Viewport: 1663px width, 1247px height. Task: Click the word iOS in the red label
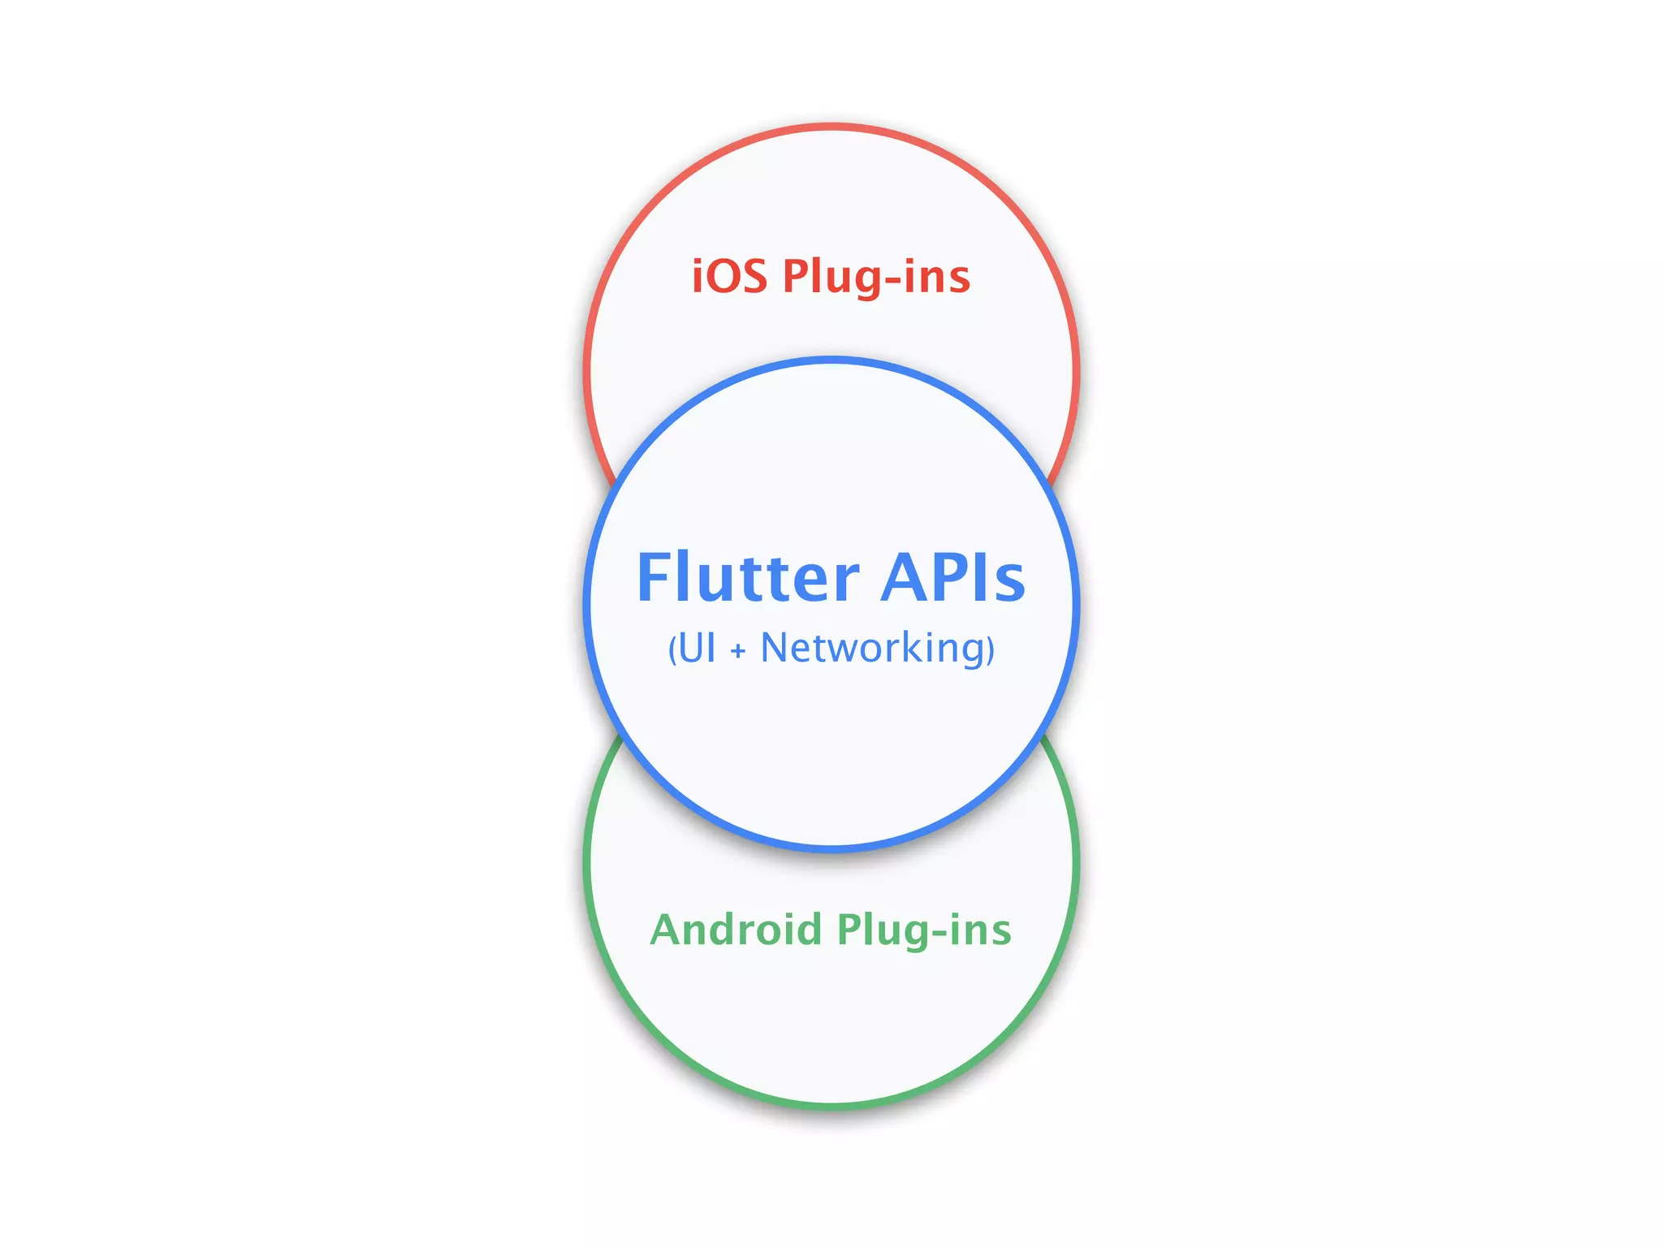point(729,276)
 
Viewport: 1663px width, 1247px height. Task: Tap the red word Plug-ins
point(876,278)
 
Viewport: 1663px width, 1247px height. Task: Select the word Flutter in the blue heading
point(747,577)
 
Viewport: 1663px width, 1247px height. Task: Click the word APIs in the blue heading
point(953,577)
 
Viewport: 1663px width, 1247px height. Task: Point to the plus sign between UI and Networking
point(737,651)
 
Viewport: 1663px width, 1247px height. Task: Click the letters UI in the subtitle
point(698,649)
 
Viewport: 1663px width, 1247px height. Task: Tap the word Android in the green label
point(736,930)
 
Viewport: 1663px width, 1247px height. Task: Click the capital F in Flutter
point(654,577)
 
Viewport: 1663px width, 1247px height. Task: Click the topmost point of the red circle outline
point(831,126)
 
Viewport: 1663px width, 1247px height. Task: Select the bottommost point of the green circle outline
point(831,1106)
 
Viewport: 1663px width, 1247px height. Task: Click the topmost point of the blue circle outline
point(831,360)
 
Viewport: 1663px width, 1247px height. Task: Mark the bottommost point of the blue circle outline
point(831,849)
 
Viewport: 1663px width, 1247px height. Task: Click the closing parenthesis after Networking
point(991,650)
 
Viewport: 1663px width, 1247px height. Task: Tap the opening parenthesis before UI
point(672,650)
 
